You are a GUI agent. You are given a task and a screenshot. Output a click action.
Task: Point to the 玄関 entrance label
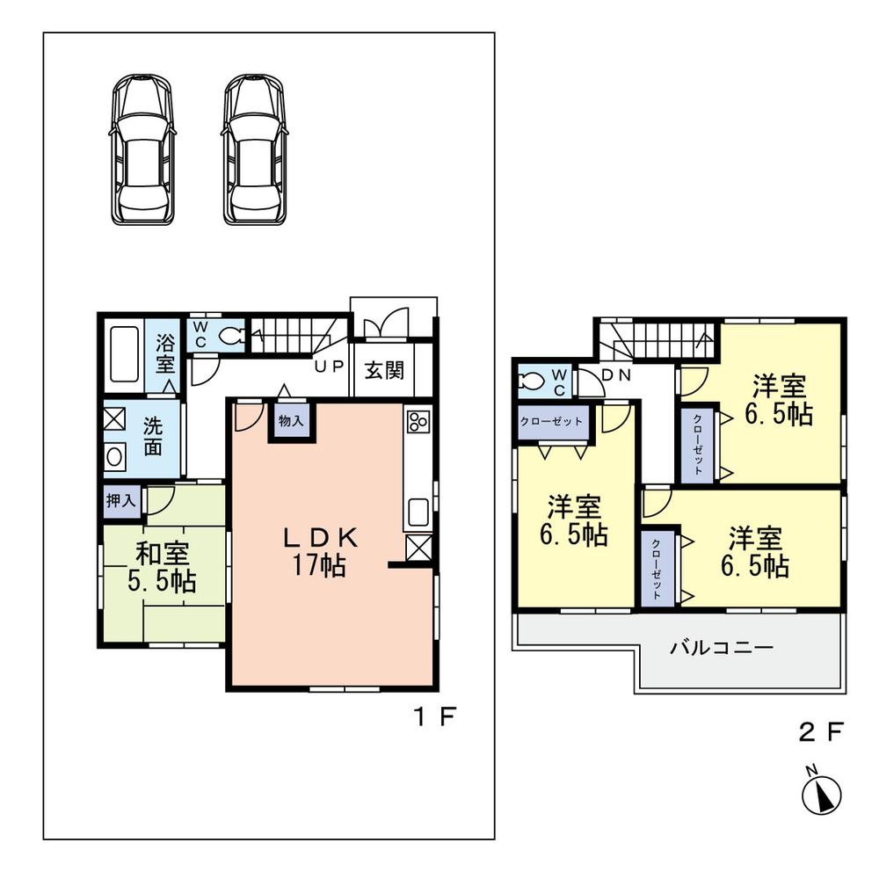[384, 370]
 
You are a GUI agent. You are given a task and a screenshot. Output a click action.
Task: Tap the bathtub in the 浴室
[123, 354]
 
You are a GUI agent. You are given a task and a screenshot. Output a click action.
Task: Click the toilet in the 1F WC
[232, 335]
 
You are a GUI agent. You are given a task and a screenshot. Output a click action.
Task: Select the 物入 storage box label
[291, 421]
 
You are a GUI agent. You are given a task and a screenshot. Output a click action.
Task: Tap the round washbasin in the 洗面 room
[115, 457]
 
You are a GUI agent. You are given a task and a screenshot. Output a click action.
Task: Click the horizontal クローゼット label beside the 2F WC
[552, 421]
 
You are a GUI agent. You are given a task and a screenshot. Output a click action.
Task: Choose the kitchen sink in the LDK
[418, 511]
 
